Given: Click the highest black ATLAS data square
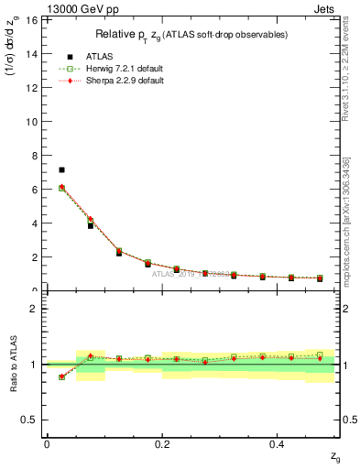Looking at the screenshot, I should [61, 169].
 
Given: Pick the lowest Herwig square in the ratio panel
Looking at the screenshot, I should [61, 376].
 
